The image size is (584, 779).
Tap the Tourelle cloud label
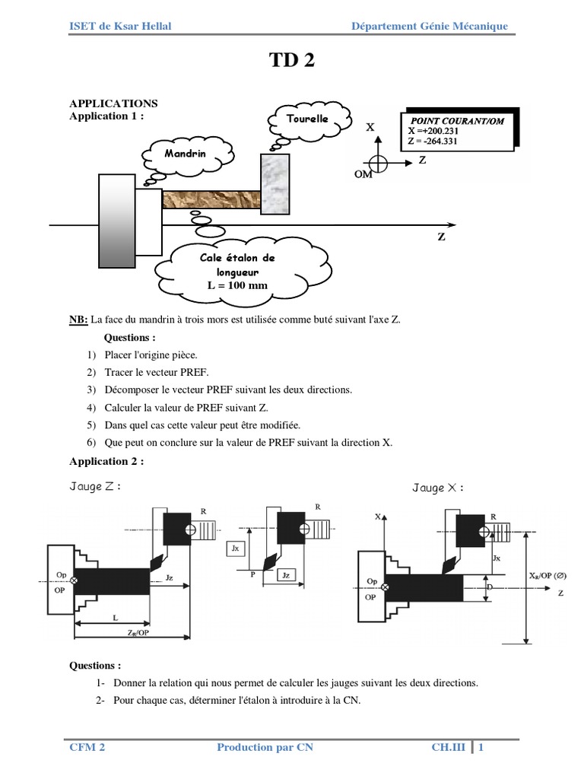click(308, 119)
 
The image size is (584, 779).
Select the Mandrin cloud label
click(185, 154)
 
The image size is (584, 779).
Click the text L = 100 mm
click(237, 285)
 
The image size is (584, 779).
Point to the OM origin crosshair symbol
click(378, 162)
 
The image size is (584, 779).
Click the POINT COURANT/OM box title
click(457, 121)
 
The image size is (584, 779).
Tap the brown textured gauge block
click(211, 200)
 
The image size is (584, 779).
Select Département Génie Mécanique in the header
click(429, 27)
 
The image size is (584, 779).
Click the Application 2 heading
click(106, 461)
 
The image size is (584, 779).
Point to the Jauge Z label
click(94, 487)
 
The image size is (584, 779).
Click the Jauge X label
click(437, 488)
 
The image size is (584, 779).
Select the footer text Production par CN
click(265, 747)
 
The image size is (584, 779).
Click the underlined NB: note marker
click(79, 320)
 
